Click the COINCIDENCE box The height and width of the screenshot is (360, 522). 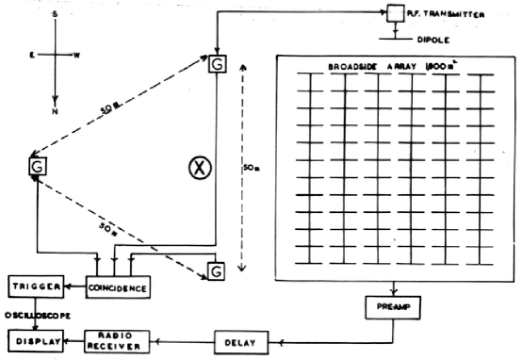119,286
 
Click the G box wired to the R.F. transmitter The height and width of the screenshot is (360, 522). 217,63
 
